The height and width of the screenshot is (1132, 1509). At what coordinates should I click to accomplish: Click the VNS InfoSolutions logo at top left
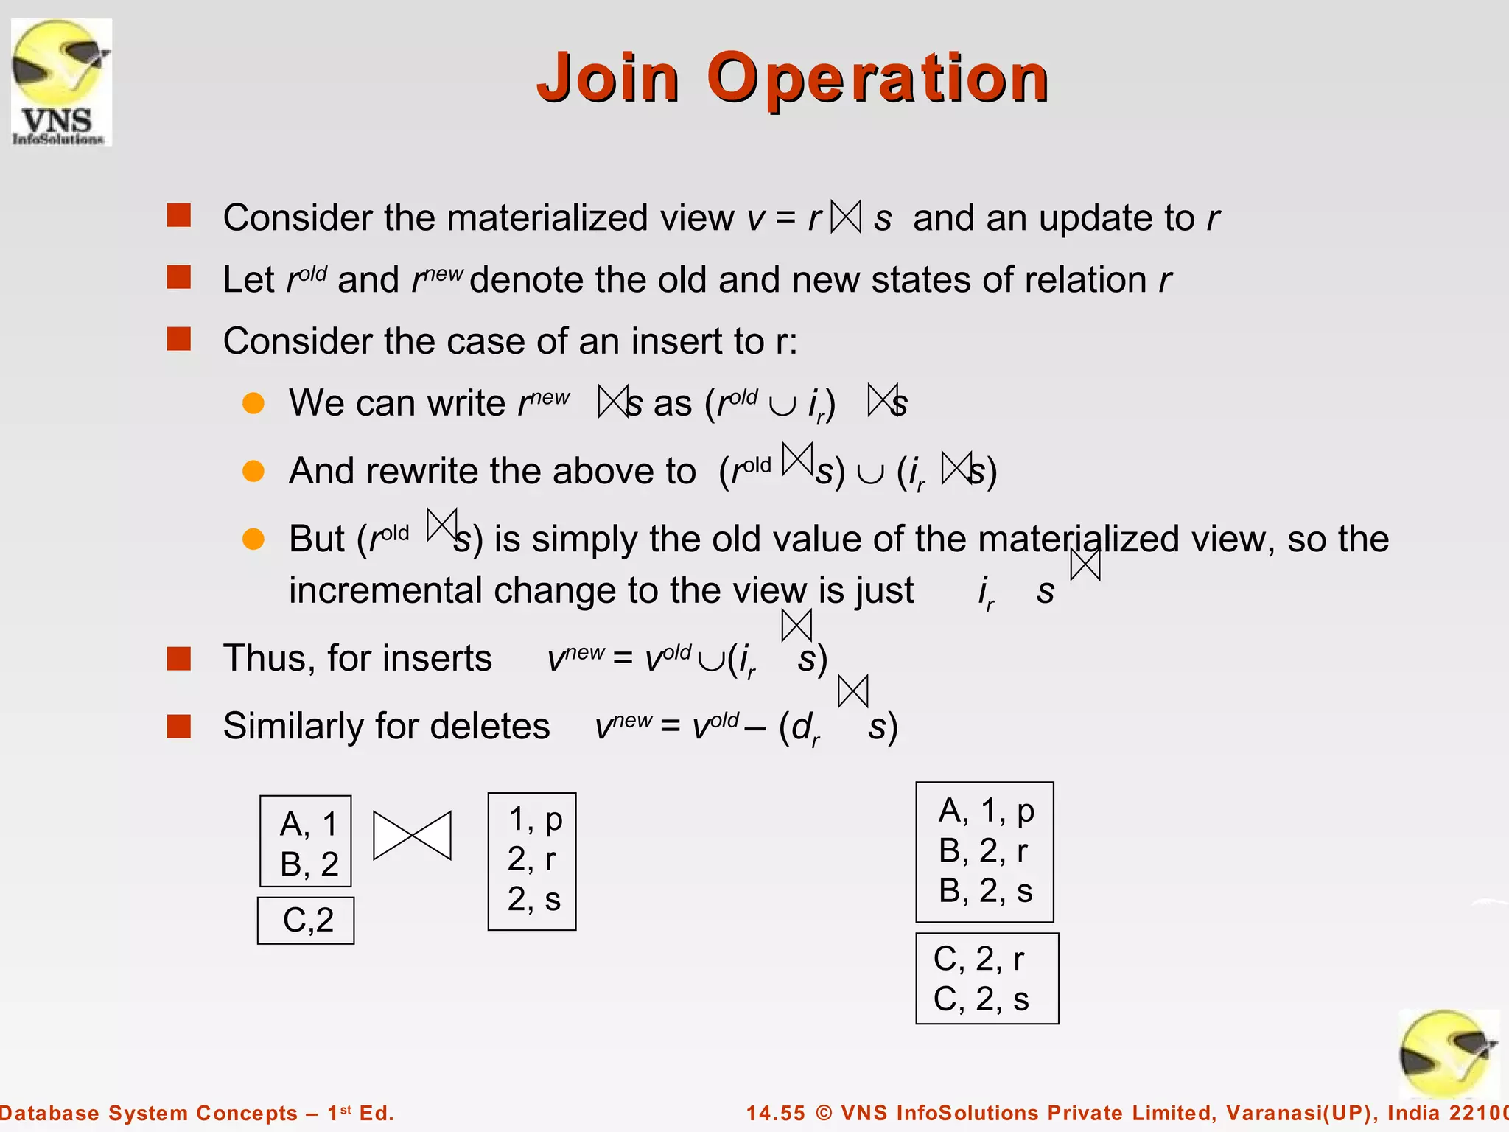click(61, 82)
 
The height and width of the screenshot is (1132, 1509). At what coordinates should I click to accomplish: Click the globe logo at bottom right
click(1448, 1054)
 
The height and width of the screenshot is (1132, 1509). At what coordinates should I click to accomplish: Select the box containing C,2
click(306, 920)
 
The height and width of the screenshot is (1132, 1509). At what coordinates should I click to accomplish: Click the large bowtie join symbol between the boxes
click(412, 836)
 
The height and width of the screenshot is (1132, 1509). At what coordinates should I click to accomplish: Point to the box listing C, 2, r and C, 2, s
click(987, 979)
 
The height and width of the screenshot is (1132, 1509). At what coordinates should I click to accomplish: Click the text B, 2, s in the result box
click(985, 891)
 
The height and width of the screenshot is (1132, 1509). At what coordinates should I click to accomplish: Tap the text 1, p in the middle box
click(536, 820)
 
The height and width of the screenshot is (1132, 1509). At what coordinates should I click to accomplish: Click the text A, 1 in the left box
click(308, 824)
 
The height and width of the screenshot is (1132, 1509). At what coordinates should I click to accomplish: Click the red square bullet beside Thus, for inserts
click(179, 658)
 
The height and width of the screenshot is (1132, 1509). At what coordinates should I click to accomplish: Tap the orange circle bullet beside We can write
click(253, 403)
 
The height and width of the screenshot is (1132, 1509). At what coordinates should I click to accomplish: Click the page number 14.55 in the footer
click(776, 1113)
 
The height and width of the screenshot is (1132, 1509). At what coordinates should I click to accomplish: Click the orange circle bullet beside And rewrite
click(253, 471)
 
